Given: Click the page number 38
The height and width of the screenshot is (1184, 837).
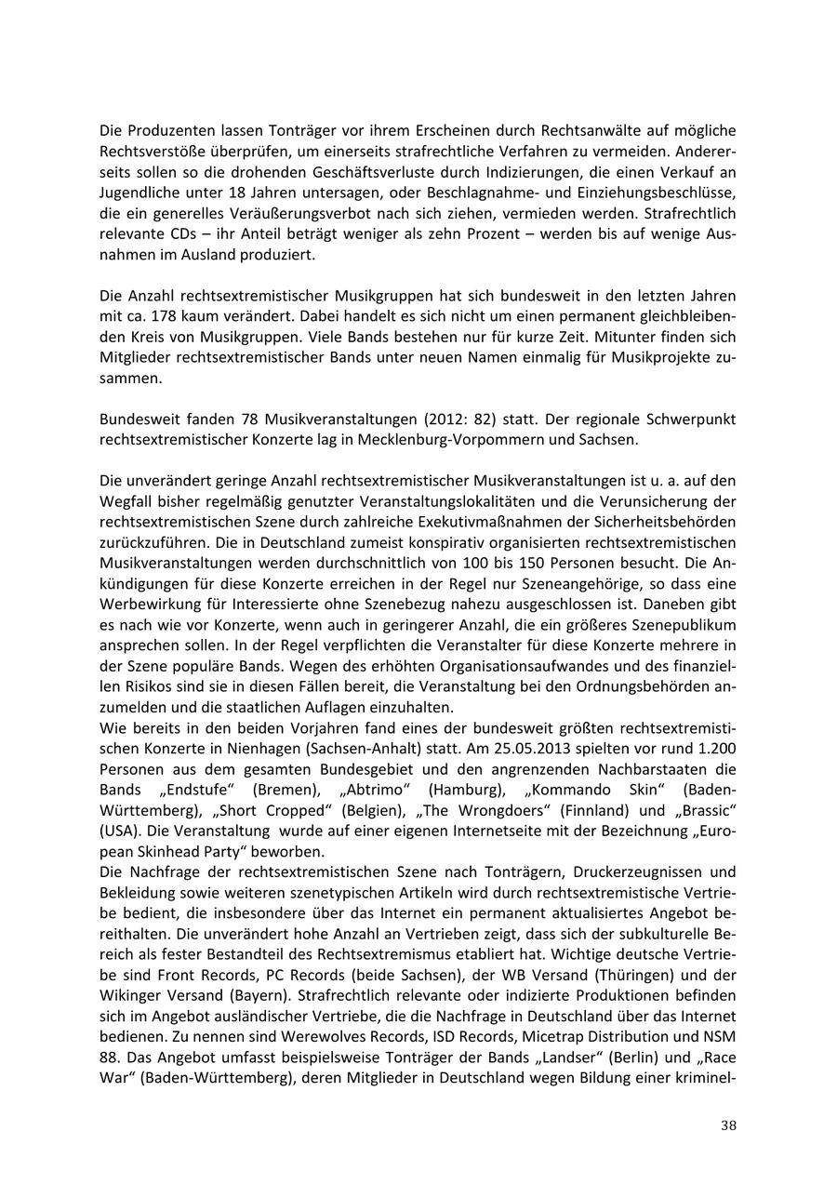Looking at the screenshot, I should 728,1125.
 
